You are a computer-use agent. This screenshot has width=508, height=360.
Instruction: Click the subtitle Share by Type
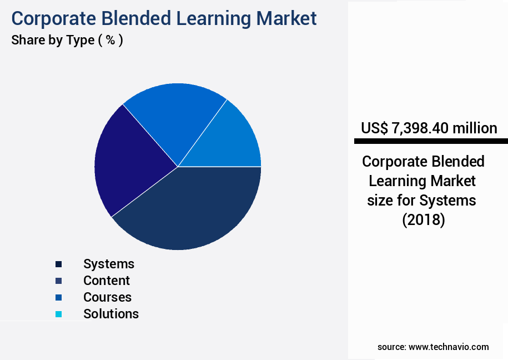click(53, 41)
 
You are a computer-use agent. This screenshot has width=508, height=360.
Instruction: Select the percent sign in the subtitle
click(110, 41)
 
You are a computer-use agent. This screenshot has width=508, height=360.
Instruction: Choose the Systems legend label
click(109, 264)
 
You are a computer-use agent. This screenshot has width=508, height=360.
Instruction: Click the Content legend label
click(107, 281)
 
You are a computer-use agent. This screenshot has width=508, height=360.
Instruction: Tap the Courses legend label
click(107, 297)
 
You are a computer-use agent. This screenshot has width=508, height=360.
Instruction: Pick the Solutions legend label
click(111, 314)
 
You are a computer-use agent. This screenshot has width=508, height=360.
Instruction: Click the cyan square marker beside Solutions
click(59, 314)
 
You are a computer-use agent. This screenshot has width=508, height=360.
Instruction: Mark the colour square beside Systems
click(59, 264)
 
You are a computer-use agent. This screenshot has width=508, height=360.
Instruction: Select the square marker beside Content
click(59, 281)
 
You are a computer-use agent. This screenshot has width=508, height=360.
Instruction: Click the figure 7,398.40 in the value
click(420, 128)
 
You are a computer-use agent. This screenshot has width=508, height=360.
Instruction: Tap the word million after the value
click(475, 128)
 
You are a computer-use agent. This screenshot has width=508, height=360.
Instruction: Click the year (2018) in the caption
click(423, 220)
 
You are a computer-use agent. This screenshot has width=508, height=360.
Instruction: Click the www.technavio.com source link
click(449, 347)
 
